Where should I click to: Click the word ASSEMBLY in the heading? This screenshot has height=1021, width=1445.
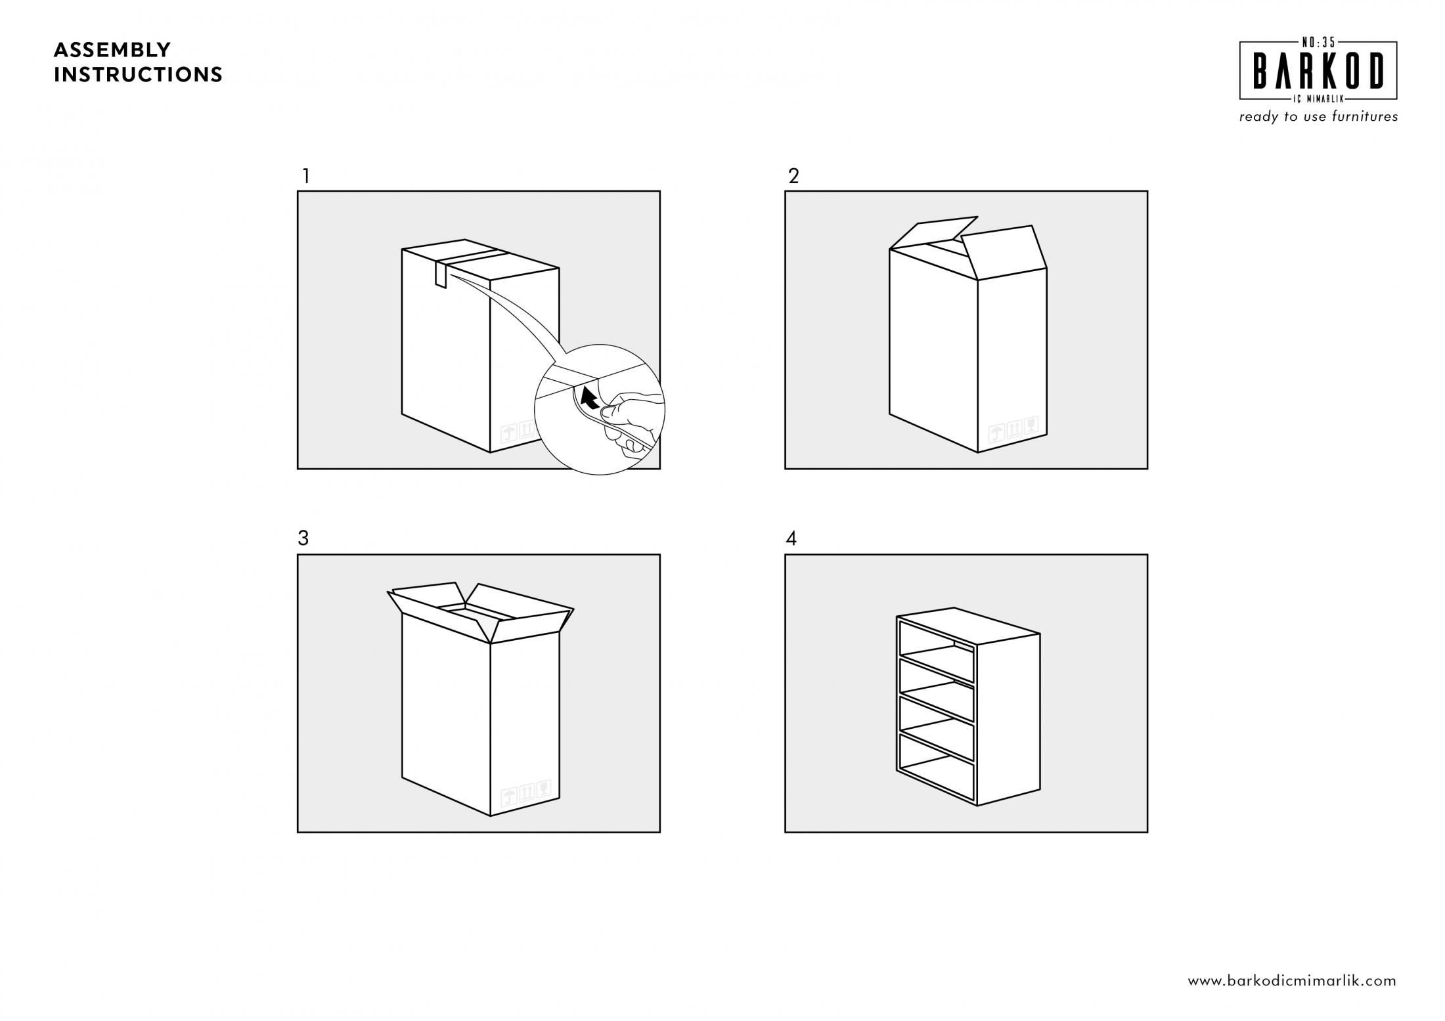tap(112, 50)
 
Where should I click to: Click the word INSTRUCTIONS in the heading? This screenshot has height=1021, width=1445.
tap(138, 75)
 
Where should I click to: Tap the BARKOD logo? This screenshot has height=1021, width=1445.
tap(1318, 71)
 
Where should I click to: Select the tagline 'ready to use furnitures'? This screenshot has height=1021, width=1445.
tap(1318, 117)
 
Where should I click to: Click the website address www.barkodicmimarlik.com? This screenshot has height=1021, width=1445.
tap(1292, 981)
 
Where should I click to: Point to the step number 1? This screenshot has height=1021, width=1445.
tap(305, 176)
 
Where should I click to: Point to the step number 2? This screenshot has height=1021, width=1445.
tap(793, 176)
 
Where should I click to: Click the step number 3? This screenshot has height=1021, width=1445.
tap(303, 538)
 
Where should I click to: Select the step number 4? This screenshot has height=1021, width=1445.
tap(791, 538)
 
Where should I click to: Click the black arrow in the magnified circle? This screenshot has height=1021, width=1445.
tap(590, 397)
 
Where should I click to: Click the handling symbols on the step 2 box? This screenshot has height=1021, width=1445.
tap(1013, 429)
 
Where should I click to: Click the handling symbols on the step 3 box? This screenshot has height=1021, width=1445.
tap(525, 793)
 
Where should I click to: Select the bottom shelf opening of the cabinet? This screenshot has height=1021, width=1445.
tap(937, 768)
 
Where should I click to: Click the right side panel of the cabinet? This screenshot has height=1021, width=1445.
tap(1009, 720)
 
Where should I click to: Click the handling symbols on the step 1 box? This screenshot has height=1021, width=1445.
tap(518, 431)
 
